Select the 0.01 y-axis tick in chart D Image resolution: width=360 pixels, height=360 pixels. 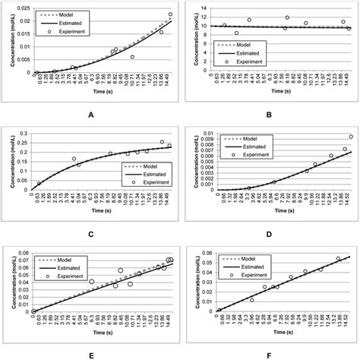pos(200,134)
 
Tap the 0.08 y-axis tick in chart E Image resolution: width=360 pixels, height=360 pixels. pos(23,252)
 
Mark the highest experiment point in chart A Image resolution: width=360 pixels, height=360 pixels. pos(170,14)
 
